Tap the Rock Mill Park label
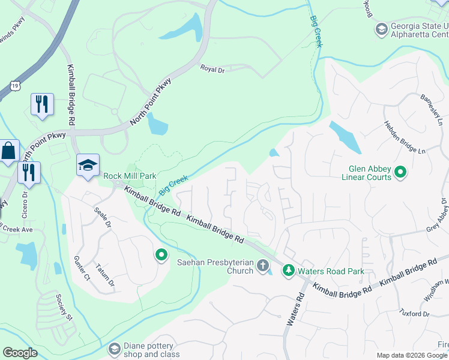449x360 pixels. point(130,176)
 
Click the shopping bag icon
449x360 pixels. point(10,152)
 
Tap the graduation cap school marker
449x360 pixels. point(88,166)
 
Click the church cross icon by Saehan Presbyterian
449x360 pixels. point(262,265)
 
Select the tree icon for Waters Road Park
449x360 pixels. point(289,271)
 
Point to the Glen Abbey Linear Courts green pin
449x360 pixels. point(400,173)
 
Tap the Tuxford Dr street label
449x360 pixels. point(414,313)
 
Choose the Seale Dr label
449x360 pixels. point(103,217)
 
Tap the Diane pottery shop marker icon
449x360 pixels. point(115,349)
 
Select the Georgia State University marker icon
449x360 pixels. point(381,29)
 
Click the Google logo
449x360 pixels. point(20,353)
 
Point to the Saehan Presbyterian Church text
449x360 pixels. point(215,266)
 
